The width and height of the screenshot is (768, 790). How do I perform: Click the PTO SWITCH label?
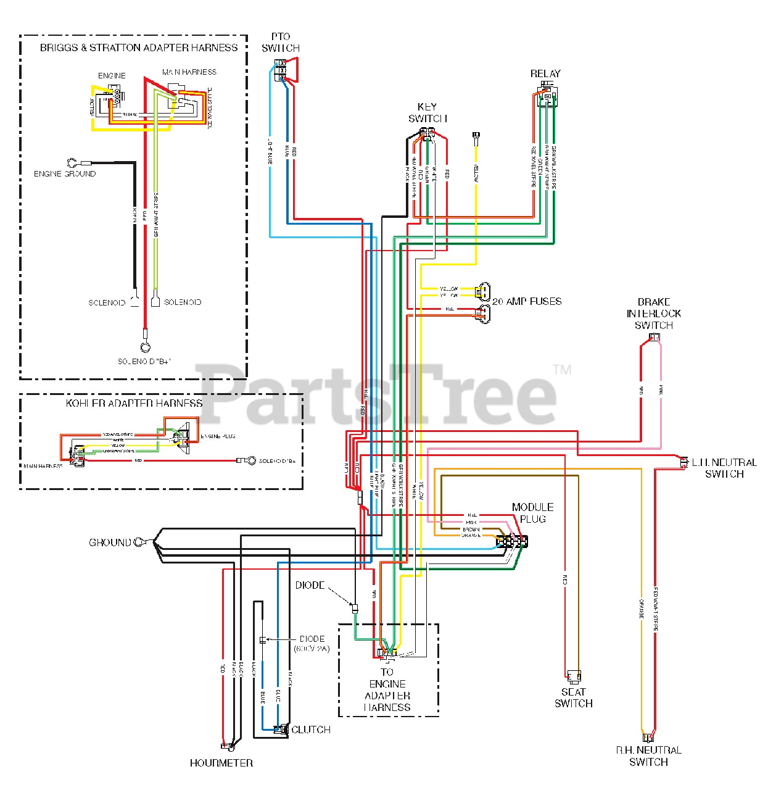[281, 43]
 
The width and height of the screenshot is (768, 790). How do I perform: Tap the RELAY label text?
[545, 73]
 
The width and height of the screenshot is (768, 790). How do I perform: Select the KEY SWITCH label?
[427, 112]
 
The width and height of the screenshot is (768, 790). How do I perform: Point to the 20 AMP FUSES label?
[527, 302]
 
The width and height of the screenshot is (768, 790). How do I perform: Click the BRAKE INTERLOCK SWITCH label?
[654, 314]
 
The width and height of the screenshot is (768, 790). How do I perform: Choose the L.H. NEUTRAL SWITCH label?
[724, 468]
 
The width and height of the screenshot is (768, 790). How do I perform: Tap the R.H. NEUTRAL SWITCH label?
[648, 756]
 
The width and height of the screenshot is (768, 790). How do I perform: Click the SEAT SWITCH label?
[574, 697]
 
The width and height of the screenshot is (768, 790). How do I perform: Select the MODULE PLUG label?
[532, 513]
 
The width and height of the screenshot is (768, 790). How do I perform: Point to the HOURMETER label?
[221, 763]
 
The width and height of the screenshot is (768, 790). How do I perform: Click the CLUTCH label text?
[311, 730]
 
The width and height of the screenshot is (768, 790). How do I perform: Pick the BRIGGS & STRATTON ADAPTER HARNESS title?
[139, 48]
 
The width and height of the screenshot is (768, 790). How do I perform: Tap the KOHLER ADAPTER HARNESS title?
[134, 403]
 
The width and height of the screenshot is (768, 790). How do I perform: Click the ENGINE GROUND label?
[65, 174]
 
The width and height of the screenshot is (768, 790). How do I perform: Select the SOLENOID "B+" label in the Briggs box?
[144, 361]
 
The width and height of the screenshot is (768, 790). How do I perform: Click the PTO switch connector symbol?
[281, 70]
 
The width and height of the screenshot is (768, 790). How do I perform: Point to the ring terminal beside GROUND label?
[140, 543]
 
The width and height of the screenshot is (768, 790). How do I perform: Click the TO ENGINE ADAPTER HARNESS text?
[387, 689]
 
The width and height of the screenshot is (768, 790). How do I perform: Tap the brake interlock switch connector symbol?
[654, 337]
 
